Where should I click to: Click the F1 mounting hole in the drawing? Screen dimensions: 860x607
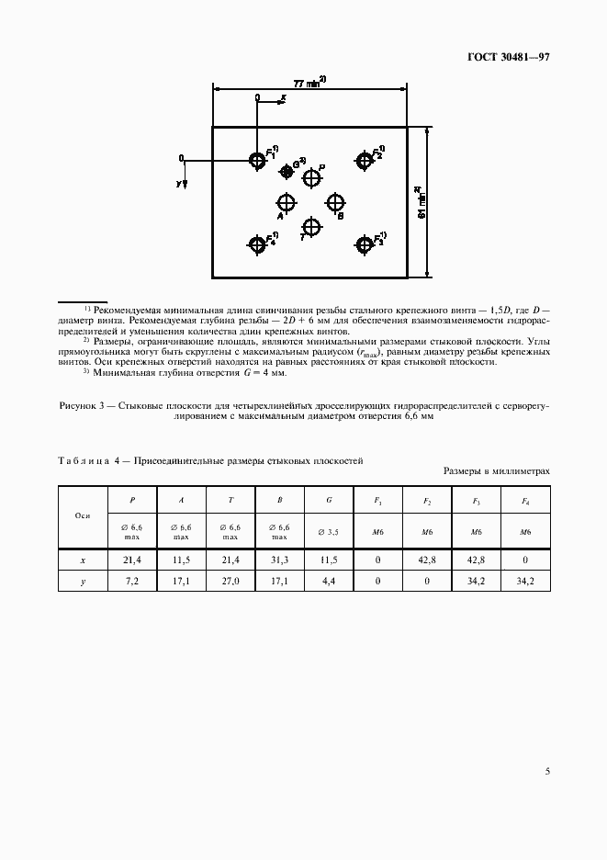tap(257, 161)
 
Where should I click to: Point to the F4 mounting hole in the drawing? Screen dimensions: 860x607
tap(257, 243)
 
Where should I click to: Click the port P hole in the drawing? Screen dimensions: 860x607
tap(312, 178)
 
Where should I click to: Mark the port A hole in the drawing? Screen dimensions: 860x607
tap(287, 202)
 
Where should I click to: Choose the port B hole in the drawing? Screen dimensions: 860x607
tap(335, 202)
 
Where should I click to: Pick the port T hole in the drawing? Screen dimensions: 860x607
tap(312, 226)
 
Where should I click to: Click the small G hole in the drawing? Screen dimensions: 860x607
tap(287, 171)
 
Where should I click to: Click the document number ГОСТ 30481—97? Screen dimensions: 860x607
tap(509, 57)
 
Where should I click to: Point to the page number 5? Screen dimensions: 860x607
tap(547, 771)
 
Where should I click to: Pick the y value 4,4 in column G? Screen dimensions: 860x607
tap(330, 582)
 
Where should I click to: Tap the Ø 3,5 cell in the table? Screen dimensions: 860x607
tap(330, 532)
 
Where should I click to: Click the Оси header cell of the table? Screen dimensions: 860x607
tap(82, 516)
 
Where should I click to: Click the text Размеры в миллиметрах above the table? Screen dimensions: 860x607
tap(497, 470)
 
